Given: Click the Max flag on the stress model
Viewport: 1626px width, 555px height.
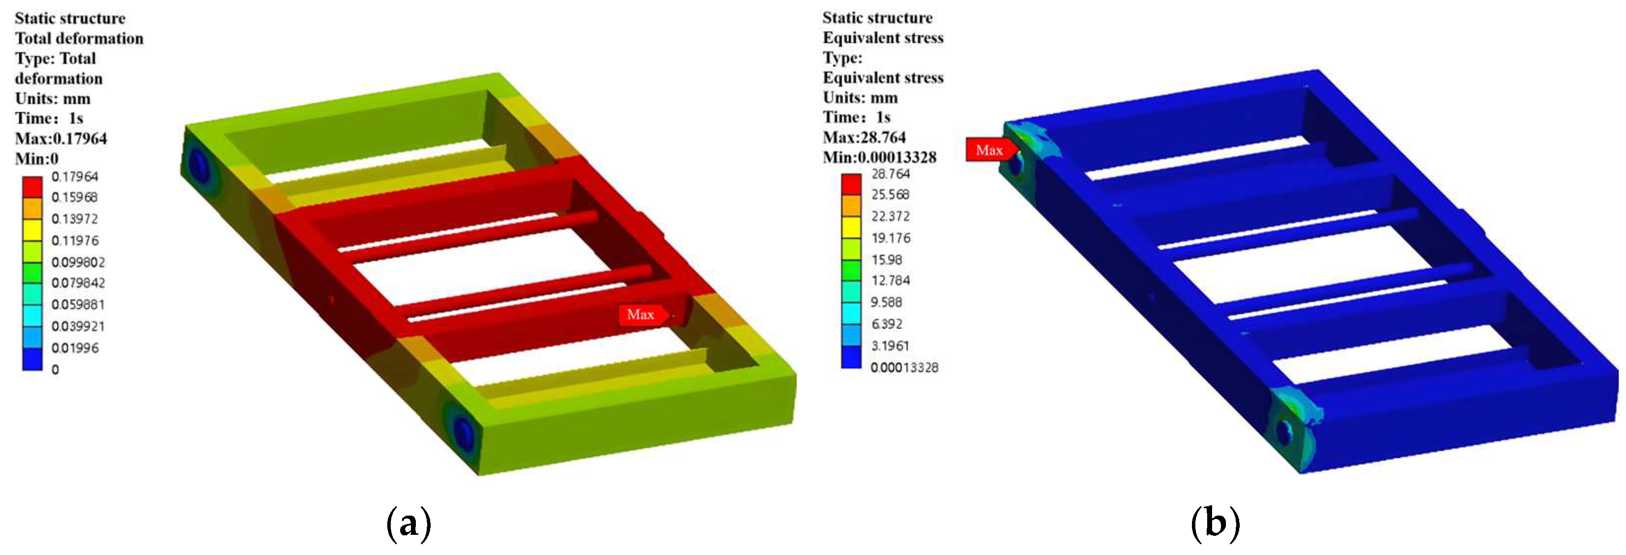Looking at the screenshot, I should click(989, 150).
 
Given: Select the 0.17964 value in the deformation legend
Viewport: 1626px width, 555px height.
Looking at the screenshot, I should click(74, 177).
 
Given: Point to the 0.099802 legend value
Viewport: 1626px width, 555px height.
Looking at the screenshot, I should click(78, 261).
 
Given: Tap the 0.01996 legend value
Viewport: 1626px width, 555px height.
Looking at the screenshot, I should click(74, 348).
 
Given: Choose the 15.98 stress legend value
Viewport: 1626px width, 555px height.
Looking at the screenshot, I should click(886, 259).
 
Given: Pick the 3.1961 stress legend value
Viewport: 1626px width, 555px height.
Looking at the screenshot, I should click(890, 346).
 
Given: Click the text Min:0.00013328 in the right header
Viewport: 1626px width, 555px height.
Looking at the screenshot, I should click(880, 157).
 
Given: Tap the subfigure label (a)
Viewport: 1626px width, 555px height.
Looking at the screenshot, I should click(408, 523).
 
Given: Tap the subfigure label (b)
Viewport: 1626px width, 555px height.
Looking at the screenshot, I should click(1215, 523).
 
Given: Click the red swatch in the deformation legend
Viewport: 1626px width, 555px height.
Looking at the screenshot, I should click(32, 187).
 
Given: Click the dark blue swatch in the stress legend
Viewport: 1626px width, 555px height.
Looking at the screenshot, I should click(851, 357).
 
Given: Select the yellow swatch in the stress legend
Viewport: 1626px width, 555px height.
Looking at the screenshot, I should click(851, 227).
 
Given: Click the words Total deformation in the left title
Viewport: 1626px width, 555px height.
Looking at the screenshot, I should click(79, 38).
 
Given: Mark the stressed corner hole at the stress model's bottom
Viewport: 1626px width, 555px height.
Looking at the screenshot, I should click(1284, 432).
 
